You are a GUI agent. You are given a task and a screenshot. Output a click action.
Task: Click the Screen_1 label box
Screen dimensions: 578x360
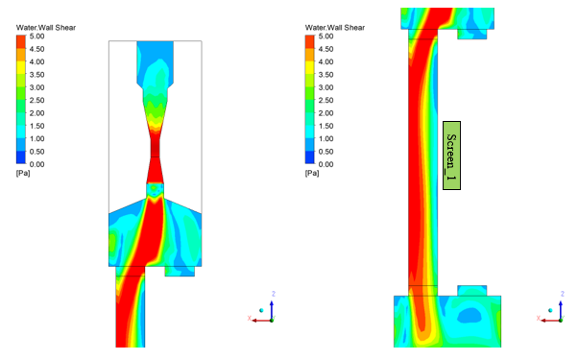coord(451,156)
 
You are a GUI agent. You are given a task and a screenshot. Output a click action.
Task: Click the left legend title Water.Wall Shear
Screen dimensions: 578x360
coord(46,28)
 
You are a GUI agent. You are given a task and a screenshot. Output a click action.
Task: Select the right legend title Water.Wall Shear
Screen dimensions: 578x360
coord(335,28)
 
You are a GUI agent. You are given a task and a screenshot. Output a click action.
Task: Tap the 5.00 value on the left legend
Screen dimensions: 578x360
coord(36,36)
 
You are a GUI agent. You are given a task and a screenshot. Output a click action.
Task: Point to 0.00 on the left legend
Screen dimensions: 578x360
coord(36,164)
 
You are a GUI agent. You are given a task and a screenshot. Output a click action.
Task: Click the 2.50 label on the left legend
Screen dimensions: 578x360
coord(36,100)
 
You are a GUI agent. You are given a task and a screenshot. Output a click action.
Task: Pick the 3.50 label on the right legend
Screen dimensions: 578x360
coord(325,75)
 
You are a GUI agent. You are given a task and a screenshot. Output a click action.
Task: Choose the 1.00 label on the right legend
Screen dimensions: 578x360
coord(325,138)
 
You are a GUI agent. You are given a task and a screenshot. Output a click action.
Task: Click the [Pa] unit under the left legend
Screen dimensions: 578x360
coord(23,173)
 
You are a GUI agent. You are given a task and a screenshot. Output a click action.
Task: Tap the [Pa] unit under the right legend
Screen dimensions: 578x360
coord(312,173)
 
